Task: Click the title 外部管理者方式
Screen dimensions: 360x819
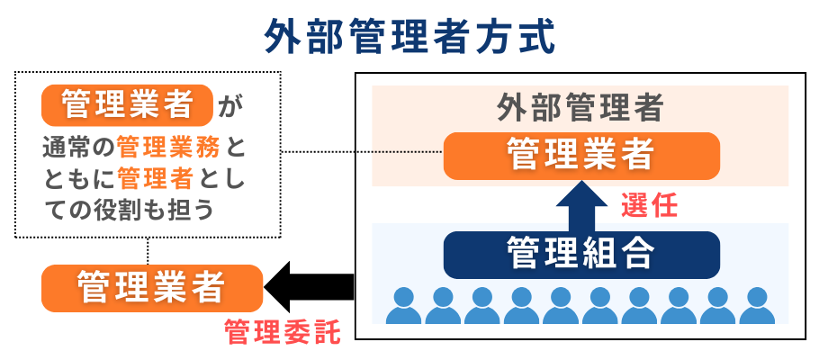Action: (x=409, y=38)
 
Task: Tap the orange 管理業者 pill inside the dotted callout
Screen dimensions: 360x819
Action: (x=126, y=105)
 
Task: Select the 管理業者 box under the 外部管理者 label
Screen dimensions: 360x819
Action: (x=581, y=155)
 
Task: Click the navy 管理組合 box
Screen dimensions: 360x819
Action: (x=581, y=254)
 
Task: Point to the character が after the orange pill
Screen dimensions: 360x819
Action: (x=230, y=107)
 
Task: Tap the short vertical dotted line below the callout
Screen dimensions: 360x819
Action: (x=148, y=251)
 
